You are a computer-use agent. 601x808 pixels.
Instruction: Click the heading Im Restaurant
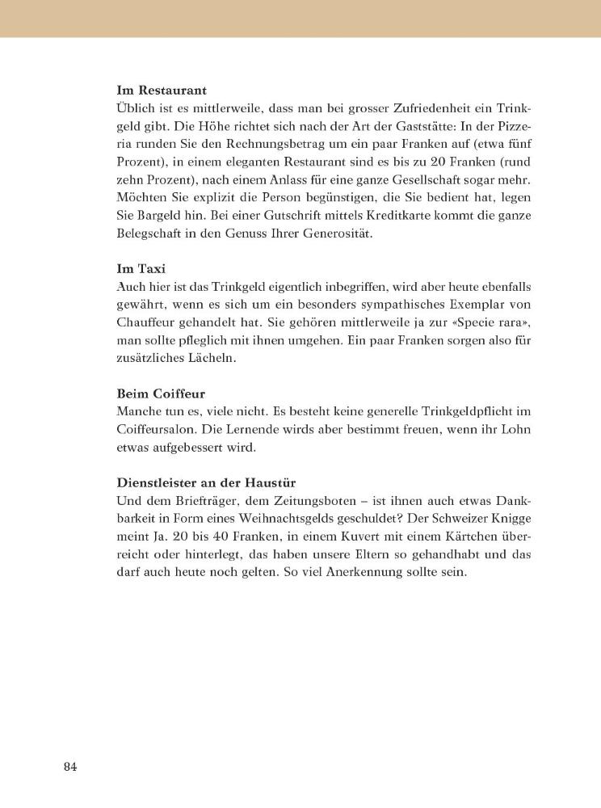[162, 90]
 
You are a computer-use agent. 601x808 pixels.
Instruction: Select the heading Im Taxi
[141, 269]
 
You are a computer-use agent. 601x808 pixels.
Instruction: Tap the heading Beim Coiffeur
[162, 393]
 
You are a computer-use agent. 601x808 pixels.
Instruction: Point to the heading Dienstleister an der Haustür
[206, 482]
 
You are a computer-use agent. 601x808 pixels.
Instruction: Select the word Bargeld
[159, 215]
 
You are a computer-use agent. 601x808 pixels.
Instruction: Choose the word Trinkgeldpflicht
[458, 411]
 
